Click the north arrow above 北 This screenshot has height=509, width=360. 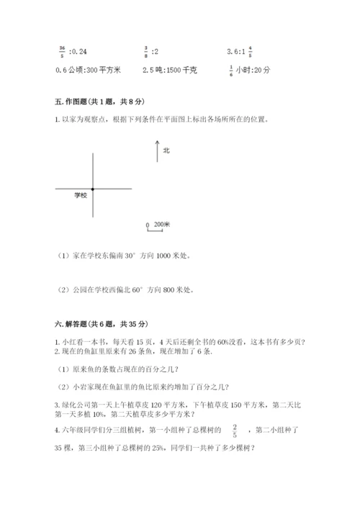click(x=156, y=152)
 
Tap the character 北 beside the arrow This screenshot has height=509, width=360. click(x=166, y=150)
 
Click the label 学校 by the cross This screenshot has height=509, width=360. click(x=81, y=195)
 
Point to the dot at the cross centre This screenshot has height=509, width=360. click(x=92, y=189)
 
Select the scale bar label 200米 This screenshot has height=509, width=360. click(x=162, y=225)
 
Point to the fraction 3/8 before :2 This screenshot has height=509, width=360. click(x=145, y=51)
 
